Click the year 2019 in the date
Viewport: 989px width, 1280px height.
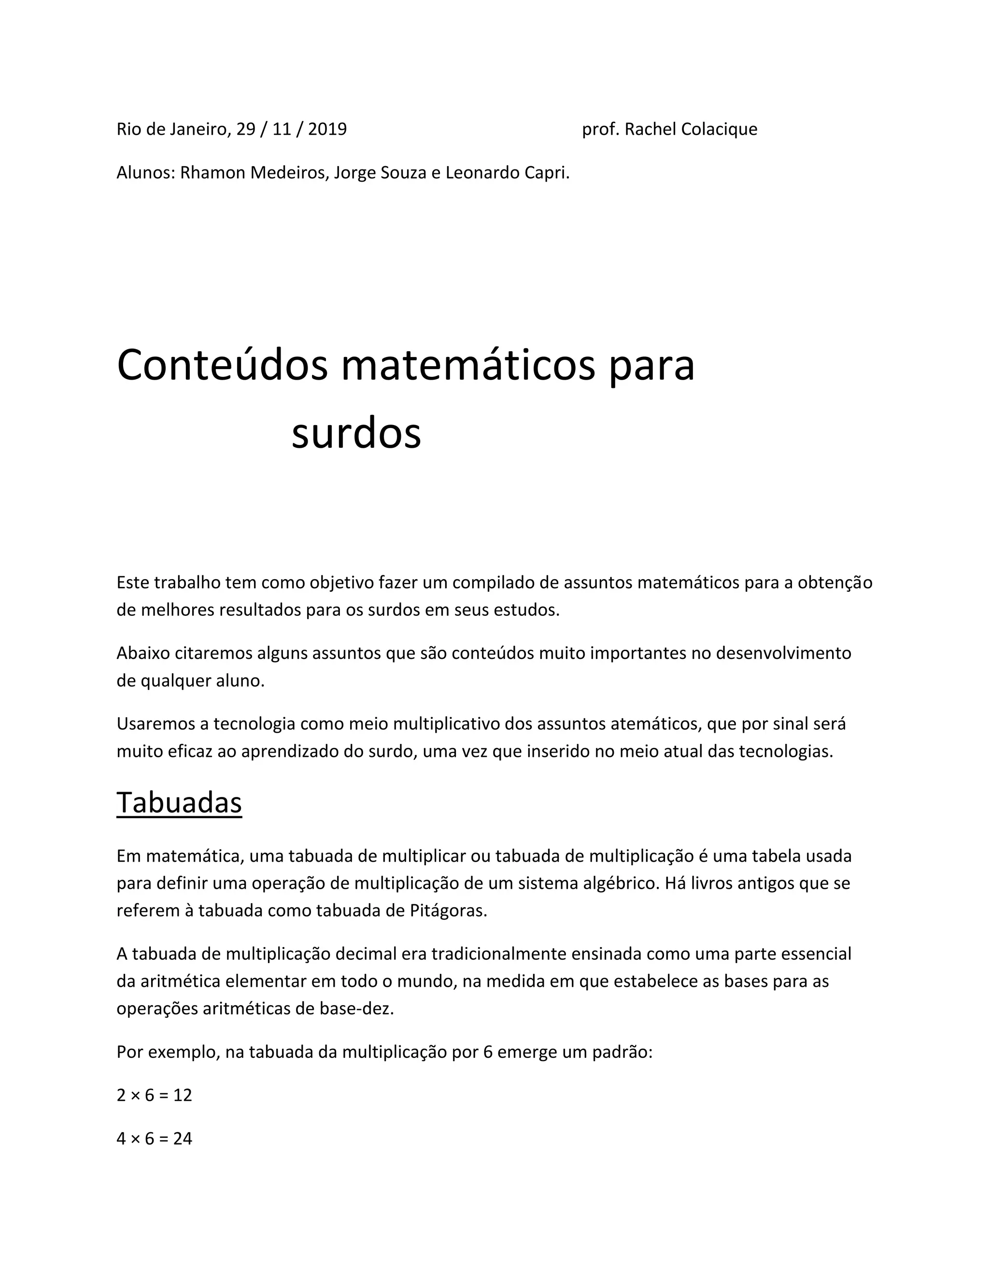click(x=327, y=129)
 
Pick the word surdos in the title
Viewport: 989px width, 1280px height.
click(x=356, y=434)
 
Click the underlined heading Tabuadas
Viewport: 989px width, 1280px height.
click(x=179, y=802)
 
